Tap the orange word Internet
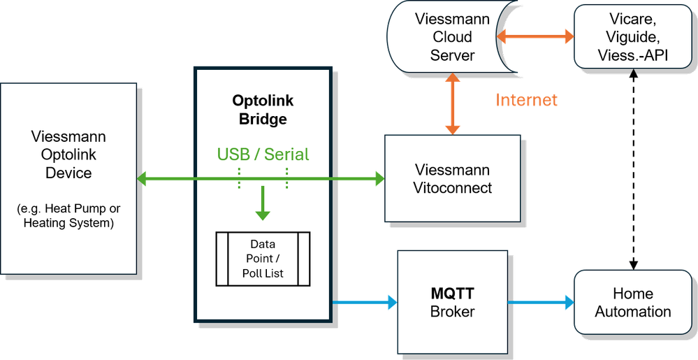click(x=526, y=101)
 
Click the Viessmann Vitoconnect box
click(x=452, y=178)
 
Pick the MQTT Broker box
click(x=452, y=301)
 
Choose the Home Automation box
click(x=632, y=303)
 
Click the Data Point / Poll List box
click(x=262, y=259)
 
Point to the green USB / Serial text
click(x=262, y=154)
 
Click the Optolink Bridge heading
click(x=259, y=110)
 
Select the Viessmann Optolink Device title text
click(x=68, y=154)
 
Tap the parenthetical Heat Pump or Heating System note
click(x=68, y=216)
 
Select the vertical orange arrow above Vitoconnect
click(x=453, y=105)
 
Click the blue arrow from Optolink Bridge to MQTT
click(x=363, y=302)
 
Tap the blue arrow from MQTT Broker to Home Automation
click(x=540, y=302)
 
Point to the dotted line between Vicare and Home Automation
click(x=633, y=168)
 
